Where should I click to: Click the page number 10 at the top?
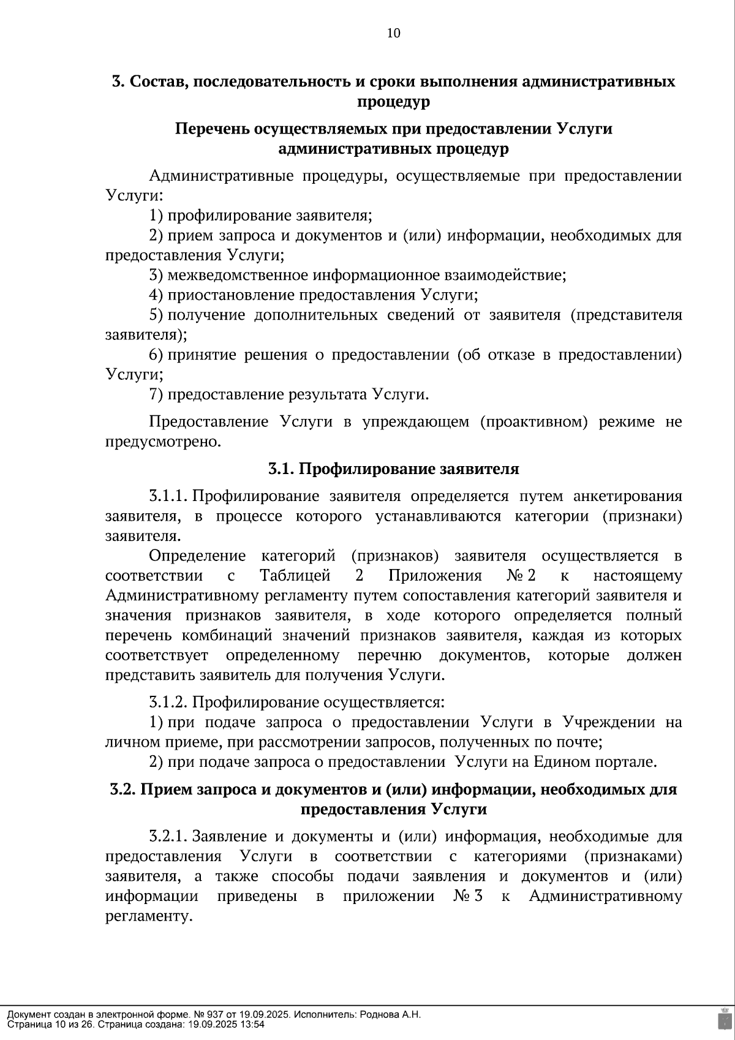(x=393, y=33)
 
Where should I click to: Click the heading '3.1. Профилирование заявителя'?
(x=393, y=469)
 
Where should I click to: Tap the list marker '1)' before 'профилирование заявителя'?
(x=156, y=216)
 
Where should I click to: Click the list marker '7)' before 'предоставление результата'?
(x=156, y=394)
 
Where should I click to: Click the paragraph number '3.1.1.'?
(x=168, y=496)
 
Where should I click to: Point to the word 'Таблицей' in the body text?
(x=295, y=576)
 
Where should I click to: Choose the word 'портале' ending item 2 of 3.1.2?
(x=626, y=762)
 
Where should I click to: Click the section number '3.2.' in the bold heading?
(x=123, y=789)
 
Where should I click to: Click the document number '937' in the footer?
(x=200, y=1014)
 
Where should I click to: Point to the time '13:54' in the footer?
(x=253, y=1024)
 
